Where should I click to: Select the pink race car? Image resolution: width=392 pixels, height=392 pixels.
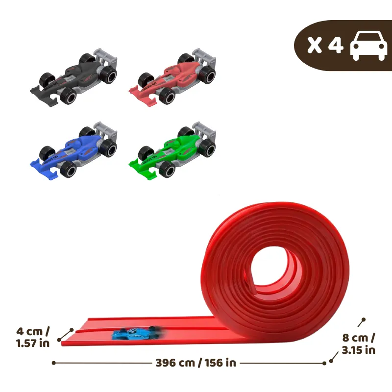pyautogui.click(x=173, y=76)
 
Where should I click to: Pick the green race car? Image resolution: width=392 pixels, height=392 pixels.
pyautogui.click(x=173, y=150)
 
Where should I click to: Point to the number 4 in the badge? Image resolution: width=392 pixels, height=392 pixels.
pyautogui.click(x=335, y=46)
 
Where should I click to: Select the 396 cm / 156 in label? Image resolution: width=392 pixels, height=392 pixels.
pyautogui.click(x=196, y=363)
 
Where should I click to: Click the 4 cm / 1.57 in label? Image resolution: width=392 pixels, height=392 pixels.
pyautogui.click(x=33, y=337)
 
